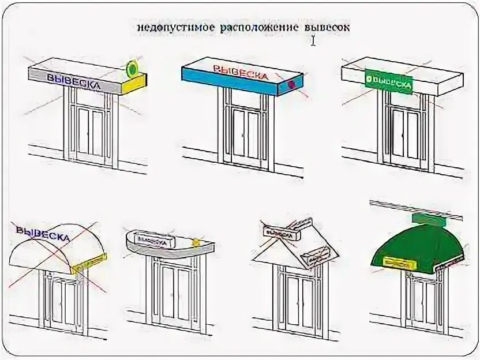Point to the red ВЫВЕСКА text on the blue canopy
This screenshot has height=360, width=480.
pyautogui.click(x=241, y=73)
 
